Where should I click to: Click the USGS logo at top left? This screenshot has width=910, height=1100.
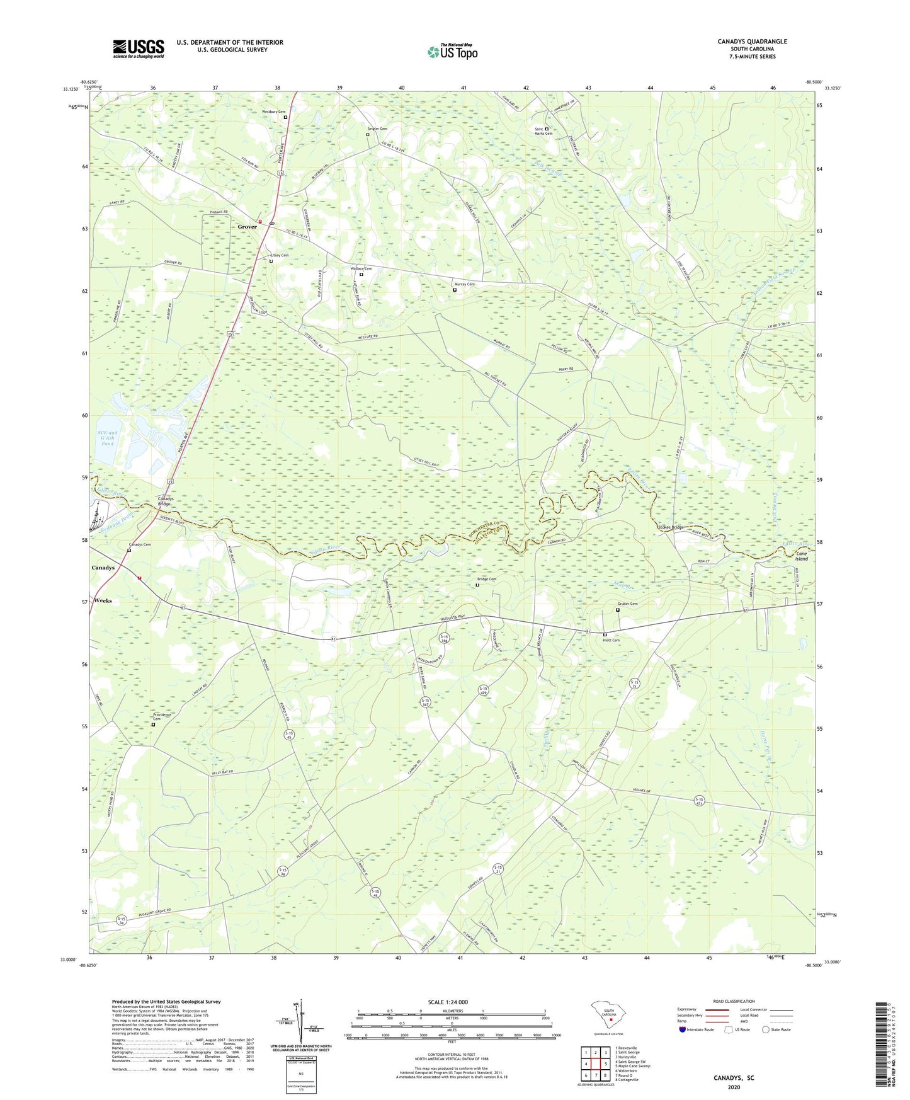[138, 49]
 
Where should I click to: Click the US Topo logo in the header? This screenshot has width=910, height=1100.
[452, 52]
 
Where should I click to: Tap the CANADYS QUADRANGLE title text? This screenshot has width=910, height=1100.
[752, 42]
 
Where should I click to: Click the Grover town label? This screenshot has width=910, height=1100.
[247, 227]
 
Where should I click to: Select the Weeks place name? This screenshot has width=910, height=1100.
[103, 600]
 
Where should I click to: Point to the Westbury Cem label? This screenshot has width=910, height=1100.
[273, 112]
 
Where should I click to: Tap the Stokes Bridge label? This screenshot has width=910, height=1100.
[670, 527]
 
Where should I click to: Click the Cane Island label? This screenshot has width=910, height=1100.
[801, 556]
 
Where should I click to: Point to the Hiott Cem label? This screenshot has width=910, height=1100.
[611, 640]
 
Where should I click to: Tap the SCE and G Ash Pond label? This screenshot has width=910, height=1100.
[108, 438]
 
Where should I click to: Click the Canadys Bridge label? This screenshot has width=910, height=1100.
[164, 501]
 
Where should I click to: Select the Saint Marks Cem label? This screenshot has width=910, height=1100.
[543, 131]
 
